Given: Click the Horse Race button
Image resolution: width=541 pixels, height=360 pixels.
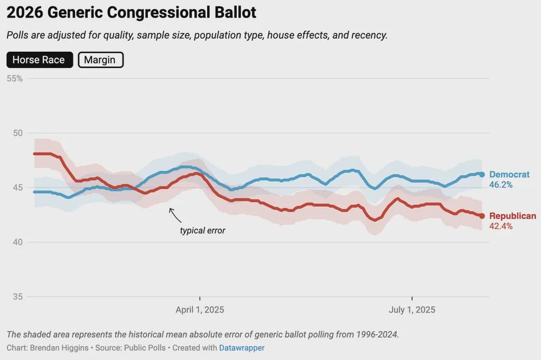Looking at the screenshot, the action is pos(40,60).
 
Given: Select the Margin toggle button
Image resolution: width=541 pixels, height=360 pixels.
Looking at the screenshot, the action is pos(100,60).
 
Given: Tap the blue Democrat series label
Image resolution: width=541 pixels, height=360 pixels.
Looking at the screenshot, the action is pos(509,175).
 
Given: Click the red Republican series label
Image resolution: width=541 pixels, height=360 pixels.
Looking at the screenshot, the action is pos(512,216).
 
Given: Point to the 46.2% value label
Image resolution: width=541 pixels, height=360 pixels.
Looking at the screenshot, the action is pos(501,185).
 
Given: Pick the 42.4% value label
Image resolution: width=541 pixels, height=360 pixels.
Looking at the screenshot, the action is pos(501,226).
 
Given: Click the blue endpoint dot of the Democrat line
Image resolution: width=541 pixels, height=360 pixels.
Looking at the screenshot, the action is pos(482,175).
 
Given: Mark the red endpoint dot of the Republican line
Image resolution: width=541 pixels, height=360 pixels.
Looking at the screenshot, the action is pos(482,216).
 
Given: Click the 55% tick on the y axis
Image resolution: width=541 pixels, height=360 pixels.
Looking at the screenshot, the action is pos(14,79).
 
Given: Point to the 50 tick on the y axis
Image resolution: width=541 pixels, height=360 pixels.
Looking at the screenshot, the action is pos(17,133).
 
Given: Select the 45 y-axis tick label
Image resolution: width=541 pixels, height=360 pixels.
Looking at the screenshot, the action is pos(17,187).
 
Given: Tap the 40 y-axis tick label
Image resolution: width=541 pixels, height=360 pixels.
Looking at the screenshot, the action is pos(17,242).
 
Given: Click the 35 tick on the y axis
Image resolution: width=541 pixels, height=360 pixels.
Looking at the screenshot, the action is pos(17,297).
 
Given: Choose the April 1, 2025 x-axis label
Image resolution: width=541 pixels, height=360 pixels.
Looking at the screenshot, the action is pos(200,310).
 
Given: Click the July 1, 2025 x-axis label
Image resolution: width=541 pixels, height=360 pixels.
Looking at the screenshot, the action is pos(412,310).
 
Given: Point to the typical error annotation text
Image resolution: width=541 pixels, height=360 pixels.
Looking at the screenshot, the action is pos(202,230).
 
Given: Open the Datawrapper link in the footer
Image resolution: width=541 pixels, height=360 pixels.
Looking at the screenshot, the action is pos(242,347).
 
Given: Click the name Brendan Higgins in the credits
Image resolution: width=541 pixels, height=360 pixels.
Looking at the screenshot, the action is pos(59,347).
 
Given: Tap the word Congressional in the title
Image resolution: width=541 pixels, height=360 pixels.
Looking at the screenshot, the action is pos(158,13).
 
